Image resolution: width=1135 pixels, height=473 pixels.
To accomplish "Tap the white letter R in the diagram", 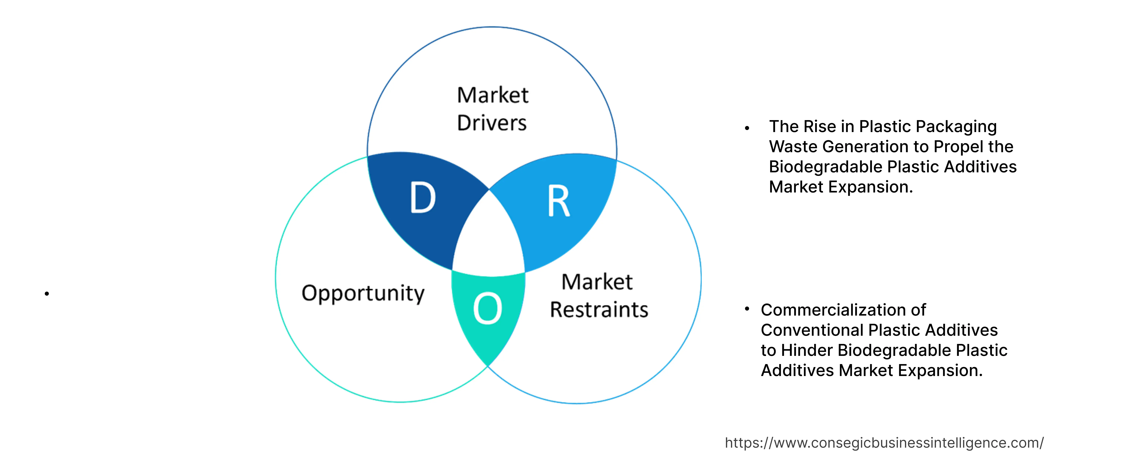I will point(559,201).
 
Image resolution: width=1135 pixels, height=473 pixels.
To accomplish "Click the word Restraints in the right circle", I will point(599,309).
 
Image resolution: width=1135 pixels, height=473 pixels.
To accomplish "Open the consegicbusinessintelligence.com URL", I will point(884,443).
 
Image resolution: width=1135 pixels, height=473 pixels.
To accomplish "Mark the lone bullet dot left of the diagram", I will point(47,294).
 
